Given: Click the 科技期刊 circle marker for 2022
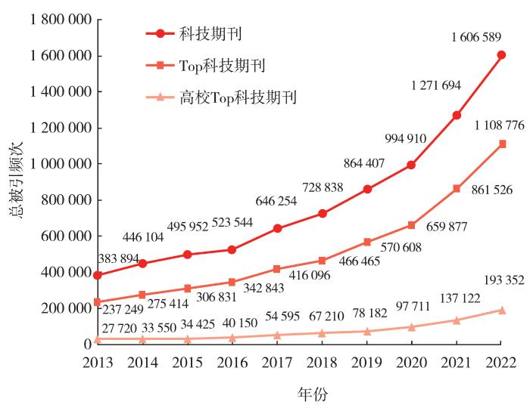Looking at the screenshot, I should [x=501, y=54].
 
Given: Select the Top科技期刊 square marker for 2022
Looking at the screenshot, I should [x=501, y=144].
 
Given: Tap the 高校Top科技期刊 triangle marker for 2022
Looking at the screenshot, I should [x=501, y=310].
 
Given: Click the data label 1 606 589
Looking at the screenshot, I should [x=481, y=36].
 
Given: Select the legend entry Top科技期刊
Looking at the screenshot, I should [x=221, y=65].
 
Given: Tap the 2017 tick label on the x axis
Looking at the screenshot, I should [x=276, y=363].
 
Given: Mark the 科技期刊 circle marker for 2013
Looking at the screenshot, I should [x=97, y=275].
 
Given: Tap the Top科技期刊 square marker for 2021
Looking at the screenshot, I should [x=457, y=188].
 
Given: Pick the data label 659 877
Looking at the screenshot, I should [x=438, y=225].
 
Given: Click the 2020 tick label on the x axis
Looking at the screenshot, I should [x=411, y=363].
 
